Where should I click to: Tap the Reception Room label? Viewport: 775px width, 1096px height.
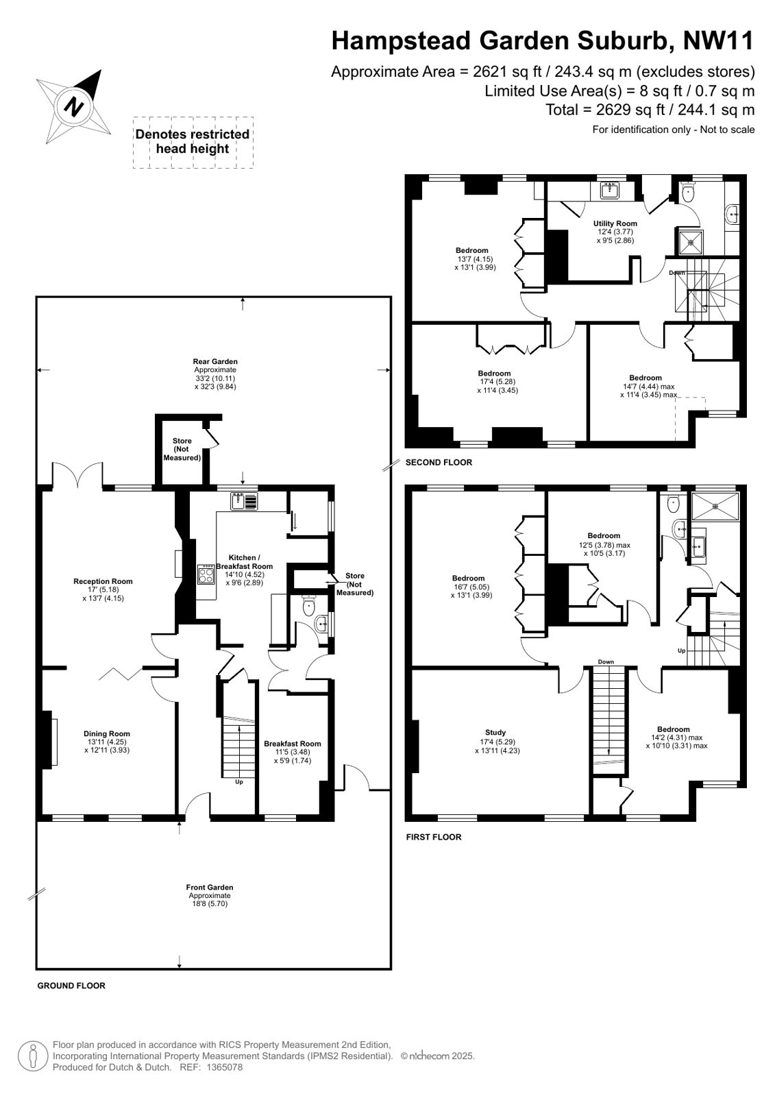point(103,581)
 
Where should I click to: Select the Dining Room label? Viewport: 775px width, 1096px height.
point(107,733)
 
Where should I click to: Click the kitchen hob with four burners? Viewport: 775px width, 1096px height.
point(206,574)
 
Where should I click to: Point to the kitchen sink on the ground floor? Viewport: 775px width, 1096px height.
point(244,501)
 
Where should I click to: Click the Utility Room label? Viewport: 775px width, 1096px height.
point(615,223)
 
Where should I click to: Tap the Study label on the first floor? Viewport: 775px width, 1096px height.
point(495,733)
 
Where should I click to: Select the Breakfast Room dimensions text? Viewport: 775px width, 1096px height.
point(293,756)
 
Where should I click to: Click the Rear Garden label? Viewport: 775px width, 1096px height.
point(215,362)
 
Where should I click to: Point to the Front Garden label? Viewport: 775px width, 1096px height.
point(210,887)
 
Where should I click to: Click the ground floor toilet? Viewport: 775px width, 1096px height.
point(309,606)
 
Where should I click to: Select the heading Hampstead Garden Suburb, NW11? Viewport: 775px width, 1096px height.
point(543,40)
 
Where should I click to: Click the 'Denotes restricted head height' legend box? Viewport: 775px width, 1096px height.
point(193,142)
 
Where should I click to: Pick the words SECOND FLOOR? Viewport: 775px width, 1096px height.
point(439,463)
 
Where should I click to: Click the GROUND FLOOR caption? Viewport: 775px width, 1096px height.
point(71,986)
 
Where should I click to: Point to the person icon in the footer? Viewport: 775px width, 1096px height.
point(33,1056)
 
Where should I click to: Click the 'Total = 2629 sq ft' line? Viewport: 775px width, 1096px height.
point(650,110)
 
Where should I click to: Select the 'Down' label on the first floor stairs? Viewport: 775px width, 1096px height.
point(606,662)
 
